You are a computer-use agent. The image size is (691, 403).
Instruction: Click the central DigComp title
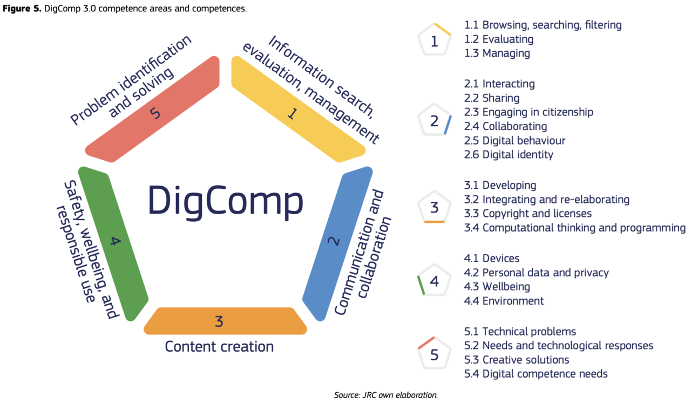(x=225, y=201)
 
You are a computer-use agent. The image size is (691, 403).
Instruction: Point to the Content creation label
(x=219, y=346)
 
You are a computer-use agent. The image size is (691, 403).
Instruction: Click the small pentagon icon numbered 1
(x=434, y=40)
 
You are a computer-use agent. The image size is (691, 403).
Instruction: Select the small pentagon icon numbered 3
(x=434, y=207)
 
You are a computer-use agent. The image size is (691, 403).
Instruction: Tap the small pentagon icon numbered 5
(x=434, y=354)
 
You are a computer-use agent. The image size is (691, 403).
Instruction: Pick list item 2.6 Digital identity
(x=509, y=155)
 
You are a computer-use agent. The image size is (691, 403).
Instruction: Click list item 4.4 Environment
(x=504, y=301)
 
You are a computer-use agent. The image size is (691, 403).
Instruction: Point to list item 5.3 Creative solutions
(x=517, y=360)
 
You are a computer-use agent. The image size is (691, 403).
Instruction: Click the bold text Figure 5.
(x=22, y=9)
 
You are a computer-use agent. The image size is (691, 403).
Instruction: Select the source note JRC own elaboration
(x=385, y=395)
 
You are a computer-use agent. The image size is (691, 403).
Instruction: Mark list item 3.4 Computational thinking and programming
(x=575, y=228)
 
